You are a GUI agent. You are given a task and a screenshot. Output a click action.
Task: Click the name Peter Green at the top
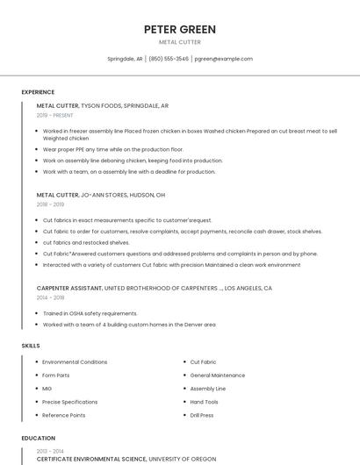click(180, 30)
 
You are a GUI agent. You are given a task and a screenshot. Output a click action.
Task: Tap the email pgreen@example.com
click(223, 59)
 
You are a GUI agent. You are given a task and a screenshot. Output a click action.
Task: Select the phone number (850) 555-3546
click(169, 59)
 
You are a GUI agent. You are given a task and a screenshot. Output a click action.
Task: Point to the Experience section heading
click(38, 92)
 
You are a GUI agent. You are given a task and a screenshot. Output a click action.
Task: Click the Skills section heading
click(31, 346)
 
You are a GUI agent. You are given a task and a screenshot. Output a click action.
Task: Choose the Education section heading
click(39, 438)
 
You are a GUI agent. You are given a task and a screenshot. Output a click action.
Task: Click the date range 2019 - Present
click(55, 115)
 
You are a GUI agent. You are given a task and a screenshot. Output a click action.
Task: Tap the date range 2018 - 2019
click(50, 204)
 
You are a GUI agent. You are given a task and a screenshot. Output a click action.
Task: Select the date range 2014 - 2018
click(50, 297)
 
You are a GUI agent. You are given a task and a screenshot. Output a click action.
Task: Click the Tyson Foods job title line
click(103, 105)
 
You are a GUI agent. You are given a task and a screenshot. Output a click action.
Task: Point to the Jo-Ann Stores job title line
click(101, 195)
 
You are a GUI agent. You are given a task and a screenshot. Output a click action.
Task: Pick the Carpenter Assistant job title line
click(155, 288)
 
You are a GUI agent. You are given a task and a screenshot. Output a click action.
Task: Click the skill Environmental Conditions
click(75, 361)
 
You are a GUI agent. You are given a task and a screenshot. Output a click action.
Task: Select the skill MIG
click(47, 388)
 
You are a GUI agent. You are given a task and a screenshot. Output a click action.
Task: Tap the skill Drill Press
click(203, 415)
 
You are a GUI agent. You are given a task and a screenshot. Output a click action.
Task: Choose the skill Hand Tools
click(204, 402)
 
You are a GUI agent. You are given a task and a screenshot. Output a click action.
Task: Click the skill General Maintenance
click(218, 375)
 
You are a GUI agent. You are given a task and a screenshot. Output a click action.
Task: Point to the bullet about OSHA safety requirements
click(90, 313)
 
